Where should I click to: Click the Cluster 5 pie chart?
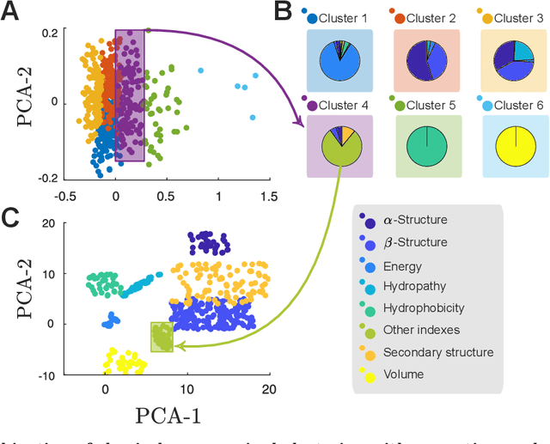pyautogui.click(x=427, y=143)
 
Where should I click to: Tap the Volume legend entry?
pyautogui.click(x=404, y=374)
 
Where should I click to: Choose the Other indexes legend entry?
pyautogui.click(x=422, y=330)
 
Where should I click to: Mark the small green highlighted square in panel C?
pyautogui.click(x=162, y=337)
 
